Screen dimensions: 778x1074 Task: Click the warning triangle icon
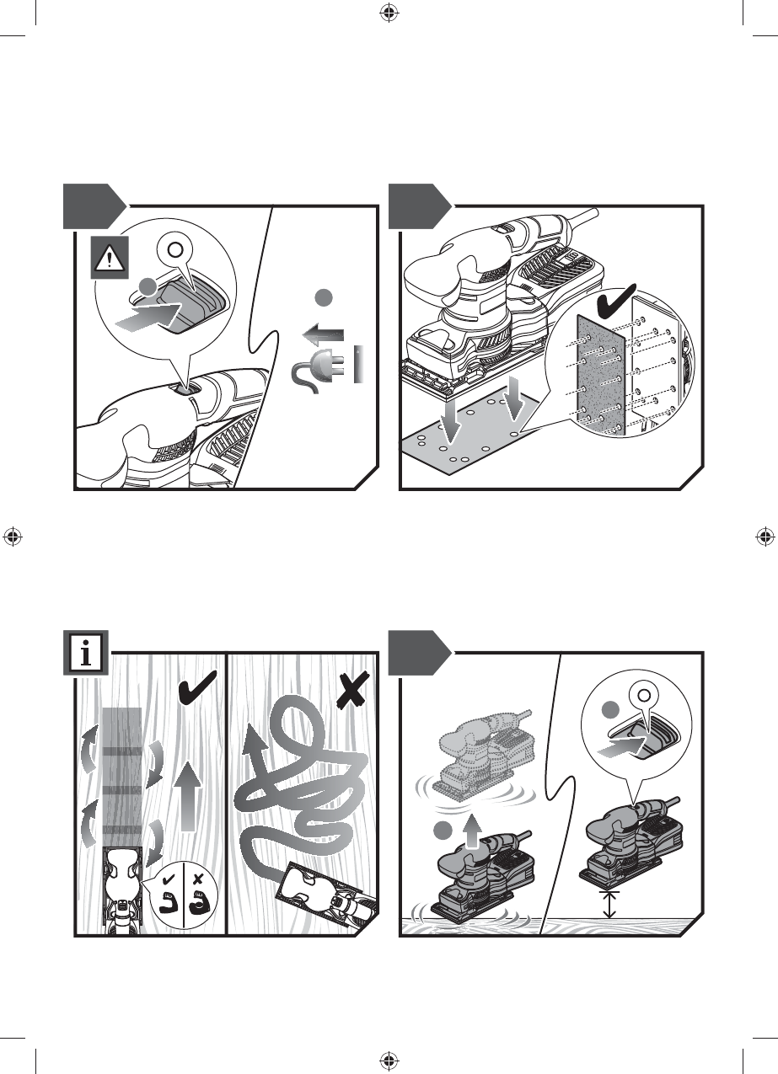coord(110,258)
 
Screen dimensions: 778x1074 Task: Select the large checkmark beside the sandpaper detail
coord(616,300)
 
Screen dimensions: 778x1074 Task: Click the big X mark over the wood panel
coord(352,691)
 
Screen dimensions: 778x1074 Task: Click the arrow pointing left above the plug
coord(323,334)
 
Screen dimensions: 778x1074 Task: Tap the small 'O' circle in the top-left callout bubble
coord(175,250)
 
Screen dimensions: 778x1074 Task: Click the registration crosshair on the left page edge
coord(13,537)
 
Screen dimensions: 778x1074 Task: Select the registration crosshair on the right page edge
coord(765,537)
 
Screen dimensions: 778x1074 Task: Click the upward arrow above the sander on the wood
coord(474,830)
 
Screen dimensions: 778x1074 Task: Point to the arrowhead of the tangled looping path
coord(253,740)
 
